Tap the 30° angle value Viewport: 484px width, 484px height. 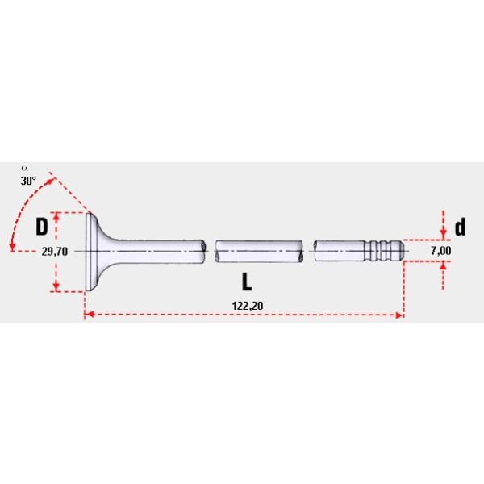click(x=28, y=181)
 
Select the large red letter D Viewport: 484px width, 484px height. click(x=41, y=227)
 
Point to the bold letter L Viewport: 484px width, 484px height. click(x=248, y=282)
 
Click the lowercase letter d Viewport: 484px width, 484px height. click(x=461, y=227)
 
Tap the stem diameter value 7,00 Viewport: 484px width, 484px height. click(x=441, y=252)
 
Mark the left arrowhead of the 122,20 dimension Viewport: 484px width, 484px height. click(x=87, y=315)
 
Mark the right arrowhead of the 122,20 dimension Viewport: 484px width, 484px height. click(x=399, y=315)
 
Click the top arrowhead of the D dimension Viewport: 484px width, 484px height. click(x=56, y=215)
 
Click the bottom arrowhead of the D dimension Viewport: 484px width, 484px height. click(x=56, y=288)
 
